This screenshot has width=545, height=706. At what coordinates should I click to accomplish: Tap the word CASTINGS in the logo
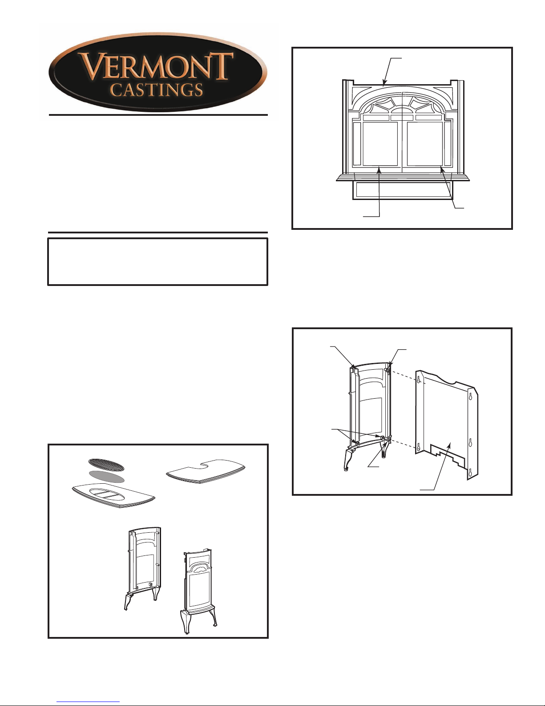point(156,90)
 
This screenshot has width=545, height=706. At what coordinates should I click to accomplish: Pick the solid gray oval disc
point(106,476)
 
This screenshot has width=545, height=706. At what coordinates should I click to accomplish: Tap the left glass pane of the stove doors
point(380,144)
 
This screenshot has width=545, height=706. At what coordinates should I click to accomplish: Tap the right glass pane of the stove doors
point(425,144)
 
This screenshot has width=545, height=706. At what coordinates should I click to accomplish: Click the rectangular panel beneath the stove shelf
point(403,190)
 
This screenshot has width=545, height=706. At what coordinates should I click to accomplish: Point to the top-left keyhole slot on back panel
point(420,380)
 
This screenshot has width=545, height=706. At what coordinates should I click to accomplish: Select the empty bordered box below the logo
point(157,261)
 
